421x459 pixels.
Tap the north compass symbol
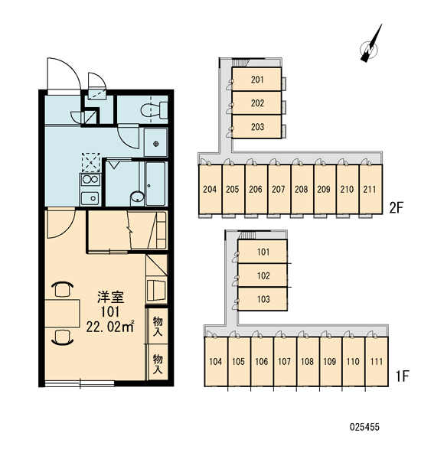(x=370, y=46)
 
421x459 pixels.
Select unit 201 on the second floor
(x=256, y=79)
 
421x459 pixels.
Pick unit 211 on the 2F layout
(x=370, y=189)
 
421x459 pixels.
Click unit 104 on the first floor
(x=216, y=362)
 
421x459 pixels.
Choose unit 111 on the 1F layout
(x=377, y=362)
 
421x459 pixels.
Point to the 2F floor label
(x=396, y=208)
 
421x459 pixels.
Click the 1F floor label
(x=402, y=376)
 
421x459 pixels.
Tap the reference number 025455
(x=364, y=427)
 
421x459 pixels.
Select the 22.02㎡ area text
(x=110, y=326)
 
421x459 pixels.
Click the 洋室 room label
(x=110, y=297)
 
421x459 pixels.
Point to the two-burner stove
(x=90, y=180)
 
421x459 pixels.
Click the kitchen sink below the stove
(x=90, y=198)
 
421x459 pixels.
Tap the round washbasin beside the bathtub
(x=137, y=197)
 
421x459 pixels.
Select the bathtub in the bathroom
(x=155, y=184)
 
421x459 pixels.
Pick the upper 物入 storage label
(x=158, y=326)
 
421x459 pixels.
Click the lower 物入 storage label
(x=158, y=363)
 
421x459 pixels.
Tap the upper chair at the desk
(x=62, y=289)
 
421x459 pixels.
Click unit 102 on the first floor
(x=263, y=275)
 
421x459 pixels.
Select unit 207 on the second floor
(x=279, y=189)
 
